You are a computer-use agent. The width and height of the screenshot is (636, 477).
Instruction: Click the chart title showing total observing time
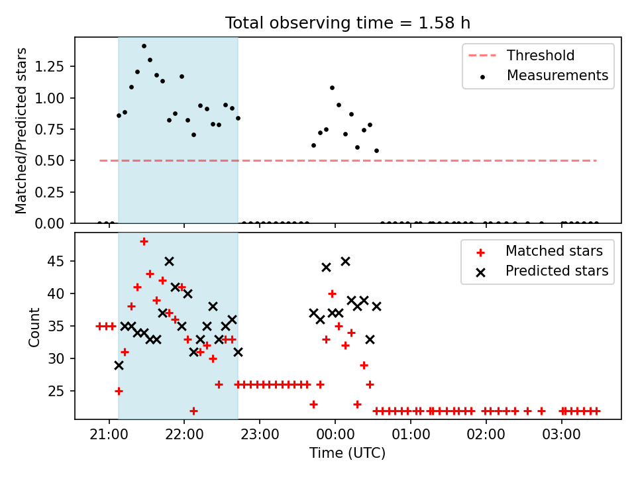(348, 23)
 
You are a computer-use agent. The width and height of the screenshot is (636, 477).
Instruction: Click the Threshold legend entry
(521, 55)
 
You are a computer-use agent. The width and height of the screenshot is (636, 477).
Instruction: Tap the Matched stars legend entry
(539, 251)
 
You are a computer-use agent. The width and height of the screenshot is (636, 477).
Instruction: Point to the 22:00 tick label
(184, 435)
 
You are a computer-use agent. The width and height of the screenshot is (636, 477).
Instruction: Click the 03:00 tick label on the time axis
(561, 435)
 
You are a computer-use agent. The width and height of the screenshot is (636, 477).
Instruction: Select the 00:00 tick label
(335, 435)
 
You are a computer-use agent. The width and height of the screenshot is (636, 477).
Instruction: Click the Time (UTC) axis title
(348, 452)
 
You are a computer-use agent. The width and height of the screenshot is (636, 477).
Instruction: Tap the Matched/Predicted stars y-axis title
(21, 131)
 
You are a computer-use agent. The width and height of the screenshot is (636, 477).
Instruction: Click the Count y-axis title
(34, 327)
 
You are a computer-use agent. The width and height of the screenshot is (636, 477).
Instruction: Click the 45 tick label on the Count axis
(56, 261)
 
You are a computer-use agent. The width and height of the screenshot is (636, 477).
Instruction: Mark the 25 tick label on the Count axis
(56, 391)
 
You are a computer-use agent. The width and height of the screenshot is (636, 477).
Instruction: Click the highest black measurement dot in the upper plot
(144, 46)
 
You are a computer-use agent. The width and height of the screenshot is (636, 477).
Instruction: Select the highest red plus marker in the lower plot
(144, 242)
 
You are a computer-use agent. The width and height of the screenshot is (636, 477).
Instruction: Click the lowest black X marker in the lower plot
(119, 366)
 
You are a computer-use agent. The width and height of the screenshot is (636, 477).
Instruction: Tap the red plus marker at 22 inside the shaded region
(194, 411)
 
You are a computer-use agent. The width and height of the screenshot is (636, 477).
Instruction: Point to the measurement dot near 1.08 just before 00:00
(332, 87)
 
